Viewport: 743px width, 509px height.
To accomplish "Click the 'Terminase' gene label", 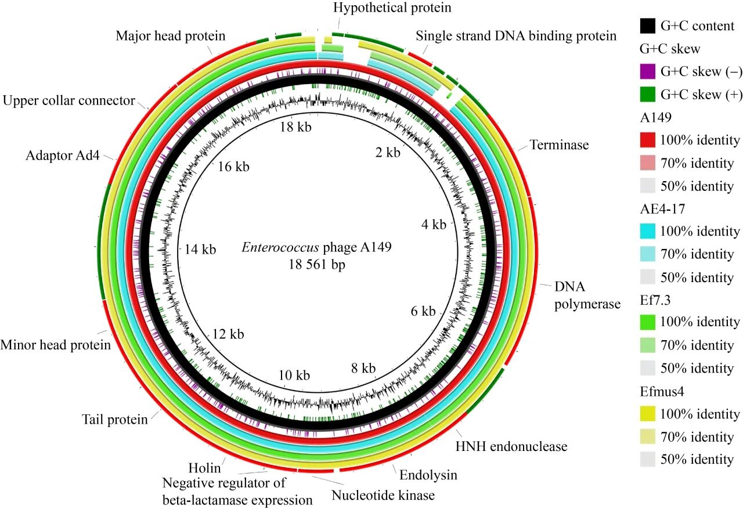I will tap(559, 145).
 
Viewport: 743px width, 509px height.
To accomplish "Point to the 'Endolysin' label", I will tap(428, 475).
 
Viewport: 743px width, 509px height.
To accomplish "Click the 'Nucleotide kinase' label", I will tap(383, 496).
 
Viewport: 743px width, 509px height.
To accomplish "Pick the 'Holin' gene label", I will tap(203, 467).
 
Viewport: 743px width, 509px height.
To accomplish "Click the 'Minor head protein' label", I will tap(56, 345).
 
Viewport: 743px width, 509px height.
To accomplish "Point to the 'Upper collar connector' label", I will tap(68, 100).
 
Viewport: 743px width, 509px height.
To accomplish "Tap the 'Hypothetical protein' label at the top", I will tap(392, 8).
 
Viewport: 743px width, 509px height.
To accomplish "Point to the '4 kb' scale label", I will tap(433, 225).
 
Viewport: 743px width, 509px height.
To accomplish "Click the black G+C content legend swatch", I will tap(648, 26).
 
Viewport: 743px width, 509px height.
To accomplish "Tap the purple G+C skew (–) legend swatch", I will tap(648, 72).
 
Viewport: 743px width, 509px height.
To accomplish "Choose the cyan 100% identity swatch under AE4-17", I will tap(648, 232).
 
